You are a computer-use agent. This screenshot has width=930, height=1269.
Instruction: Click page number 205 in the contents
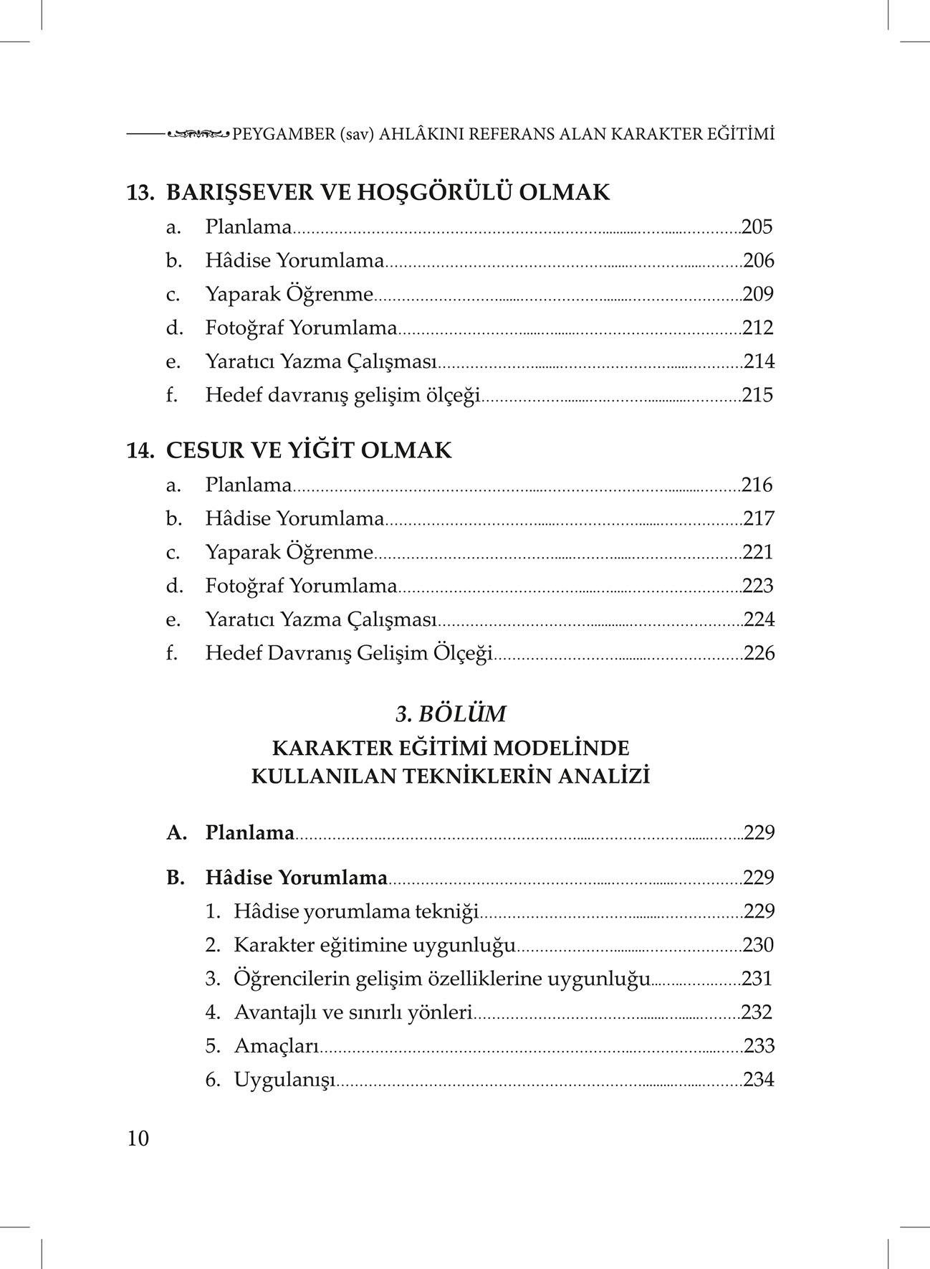point(757,227)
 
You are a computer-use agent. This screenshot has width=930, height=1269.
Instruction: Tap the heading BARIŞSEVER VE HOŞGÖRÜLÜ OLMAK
point(388,192)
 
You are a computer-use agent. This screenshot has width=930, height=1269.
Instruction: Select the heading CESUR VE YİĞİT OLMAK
point(309,450)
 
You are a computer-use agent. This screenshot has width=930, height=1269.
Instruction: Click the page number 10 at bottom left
point(138,1139)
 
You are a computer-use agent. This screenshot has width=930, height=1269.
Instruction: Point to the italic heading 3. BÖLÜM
point(451,714)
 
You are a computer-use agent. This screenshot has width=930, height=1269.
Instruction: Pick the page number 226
point(759,653)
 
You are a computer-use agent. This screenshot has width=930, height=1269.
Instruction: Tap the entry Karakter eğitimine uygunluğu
point(374,945)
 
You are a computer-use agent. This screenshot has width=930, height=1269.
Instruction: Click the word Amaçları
point(276,1046)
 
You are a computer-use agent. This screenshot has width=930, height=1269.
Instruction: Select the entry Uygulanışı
point(284,1080)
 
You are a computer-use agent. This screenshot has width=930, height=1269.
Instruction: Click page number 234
point(759,1080)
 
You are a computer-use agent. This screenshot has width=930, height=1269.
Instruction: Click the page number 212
point(758,328)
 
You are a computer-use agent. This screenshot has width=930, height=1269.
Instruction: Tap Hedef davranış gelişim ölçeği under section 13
point(342,395)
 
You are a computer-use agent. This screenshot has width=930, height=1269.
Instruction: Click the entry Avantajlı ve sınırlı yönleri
point(353,1012)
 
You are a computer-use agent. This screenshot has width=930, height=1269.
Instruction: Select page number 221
point(757,553)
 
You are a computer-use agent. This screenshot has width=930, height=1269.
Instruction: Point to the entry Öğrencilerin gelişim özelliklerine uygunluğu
point(441,979)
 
